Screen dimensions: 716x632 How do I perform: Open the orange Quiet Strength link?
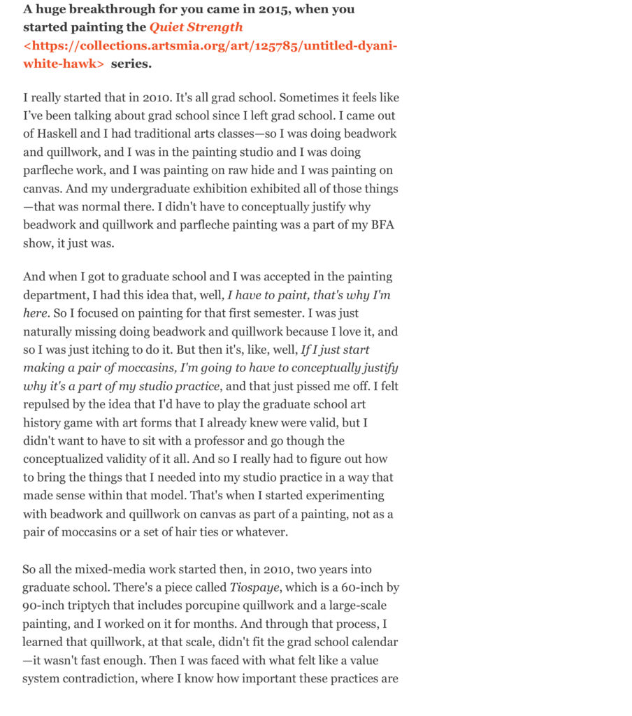[196, 27]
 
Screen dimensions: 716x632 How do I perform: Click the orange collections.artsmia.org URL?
[210, 45]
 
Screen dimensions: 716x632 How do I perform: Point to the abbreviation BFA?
[382, 225]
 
